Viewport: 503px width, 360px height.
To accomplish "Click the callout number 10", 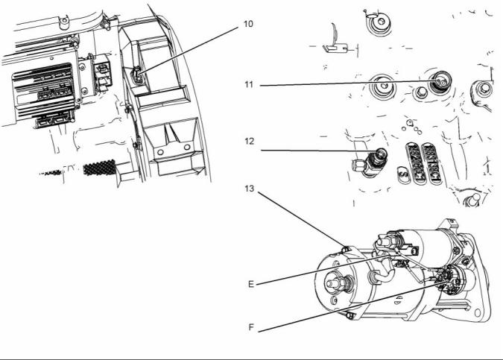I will tap(248, 24).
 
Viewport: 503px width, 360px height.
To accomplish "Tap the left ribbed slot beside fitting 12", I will tap(412, 161).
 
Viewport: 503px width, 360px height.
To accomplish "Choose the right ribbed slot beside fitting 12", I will tap(431, 161).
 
